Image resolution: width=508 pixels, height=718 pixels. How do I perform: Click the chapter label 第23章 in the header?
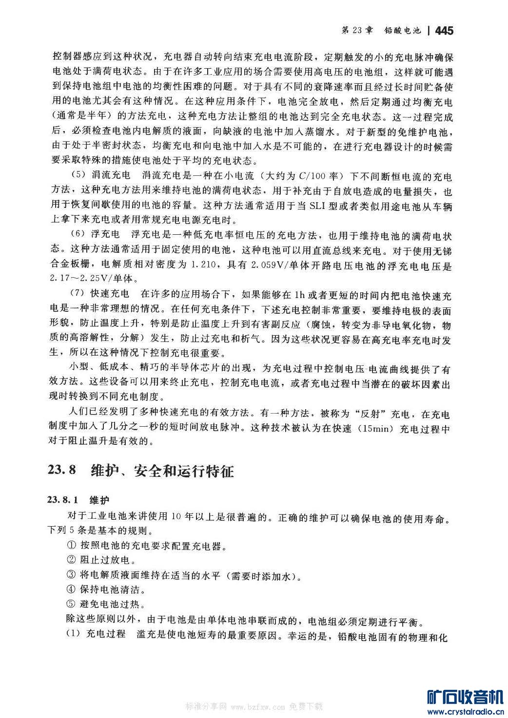click(x=357, y=30)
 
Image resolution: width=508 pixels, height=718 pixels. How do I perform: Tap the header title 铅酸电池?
click(x=402, y=30)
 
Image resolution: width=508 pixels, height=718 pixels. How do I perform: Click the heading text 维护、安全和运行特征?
click(x=162, y=471)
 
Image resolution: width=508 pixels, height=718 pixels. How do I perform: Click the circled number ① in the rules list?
click(x=71, y=546)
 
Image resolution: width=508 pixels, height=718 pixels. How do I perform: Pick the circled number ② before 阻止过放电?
click(x=71, y=560)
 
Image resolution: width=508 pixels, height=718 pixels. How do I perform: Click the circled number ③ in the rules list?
click(x=71, y=576)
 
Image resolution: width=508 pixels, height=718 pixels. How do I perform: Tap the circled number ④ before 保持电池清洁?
click(x=71, y=590)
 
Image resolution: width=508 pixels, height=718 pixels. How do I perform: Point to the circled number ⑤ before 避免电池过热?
click(x=71, y=605)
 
